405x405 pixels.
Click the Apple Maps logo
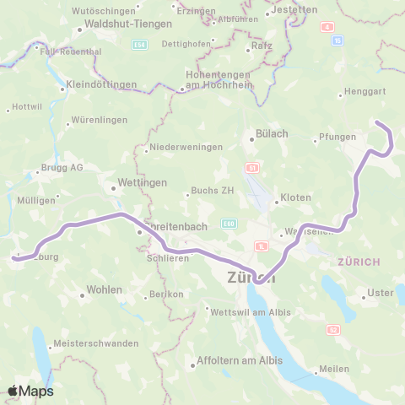tap(30, 391)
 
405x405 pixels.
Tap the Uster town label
tap(381, 293)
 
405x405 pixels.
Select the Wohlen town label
tap(105, 290)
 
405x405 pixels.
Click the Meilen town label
tap(334, 368)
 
